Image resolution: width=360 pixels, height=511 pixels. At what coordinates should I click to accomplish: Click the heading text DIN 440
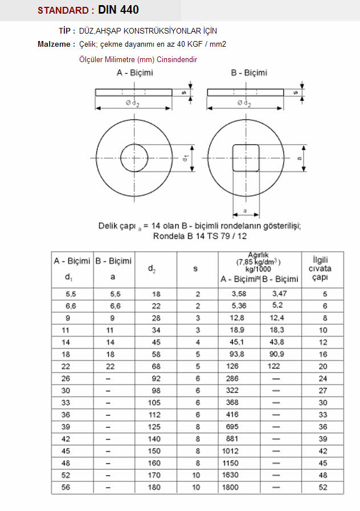point(118,10)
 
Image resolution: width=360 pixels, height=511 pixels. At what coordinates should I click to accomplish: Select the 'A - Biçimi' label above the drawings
point(134,73)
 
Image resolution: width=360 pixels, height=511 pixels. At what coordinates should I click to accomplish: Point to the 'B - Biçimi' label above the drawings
point(249,73)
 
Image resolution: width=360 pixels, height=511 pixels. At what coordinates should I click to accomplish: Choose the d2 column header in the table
point(153,268)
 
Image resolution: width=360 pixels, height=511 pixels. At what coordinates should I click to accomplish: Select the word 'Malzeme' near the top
point(54,44)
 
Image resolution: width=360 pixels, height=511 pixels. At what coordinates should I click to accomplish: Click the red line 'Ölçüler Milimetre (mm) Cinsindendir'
point(138,59)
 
